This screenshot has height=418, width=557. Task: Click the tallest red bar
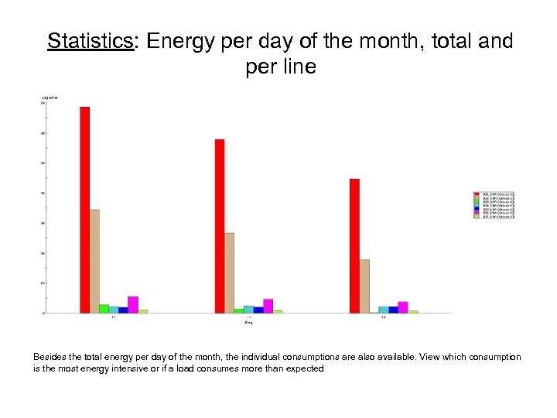[x=84, y=209]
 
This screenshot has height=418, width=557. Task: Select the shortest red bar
[x=354, y=245]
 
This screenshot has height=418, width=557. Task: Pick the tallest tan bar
[x=94, y=261]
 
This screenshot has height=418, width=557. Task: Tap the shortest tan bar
[x=364, y=286]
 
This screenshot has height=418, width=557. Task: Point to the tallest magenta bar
[x=133, y=304]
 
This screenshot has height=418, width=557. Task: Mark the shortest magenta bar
[x=403, y=307]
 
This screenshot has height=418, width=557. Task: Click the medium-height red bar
[x=220, y=226]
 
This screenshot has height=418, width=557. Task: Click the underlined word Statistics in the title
[x=91, y=41]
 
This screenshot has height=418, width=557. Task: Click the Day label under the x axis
[x=248, y=323]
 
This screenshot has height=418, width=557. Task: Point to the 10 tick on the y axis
[x=43, y=283]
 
